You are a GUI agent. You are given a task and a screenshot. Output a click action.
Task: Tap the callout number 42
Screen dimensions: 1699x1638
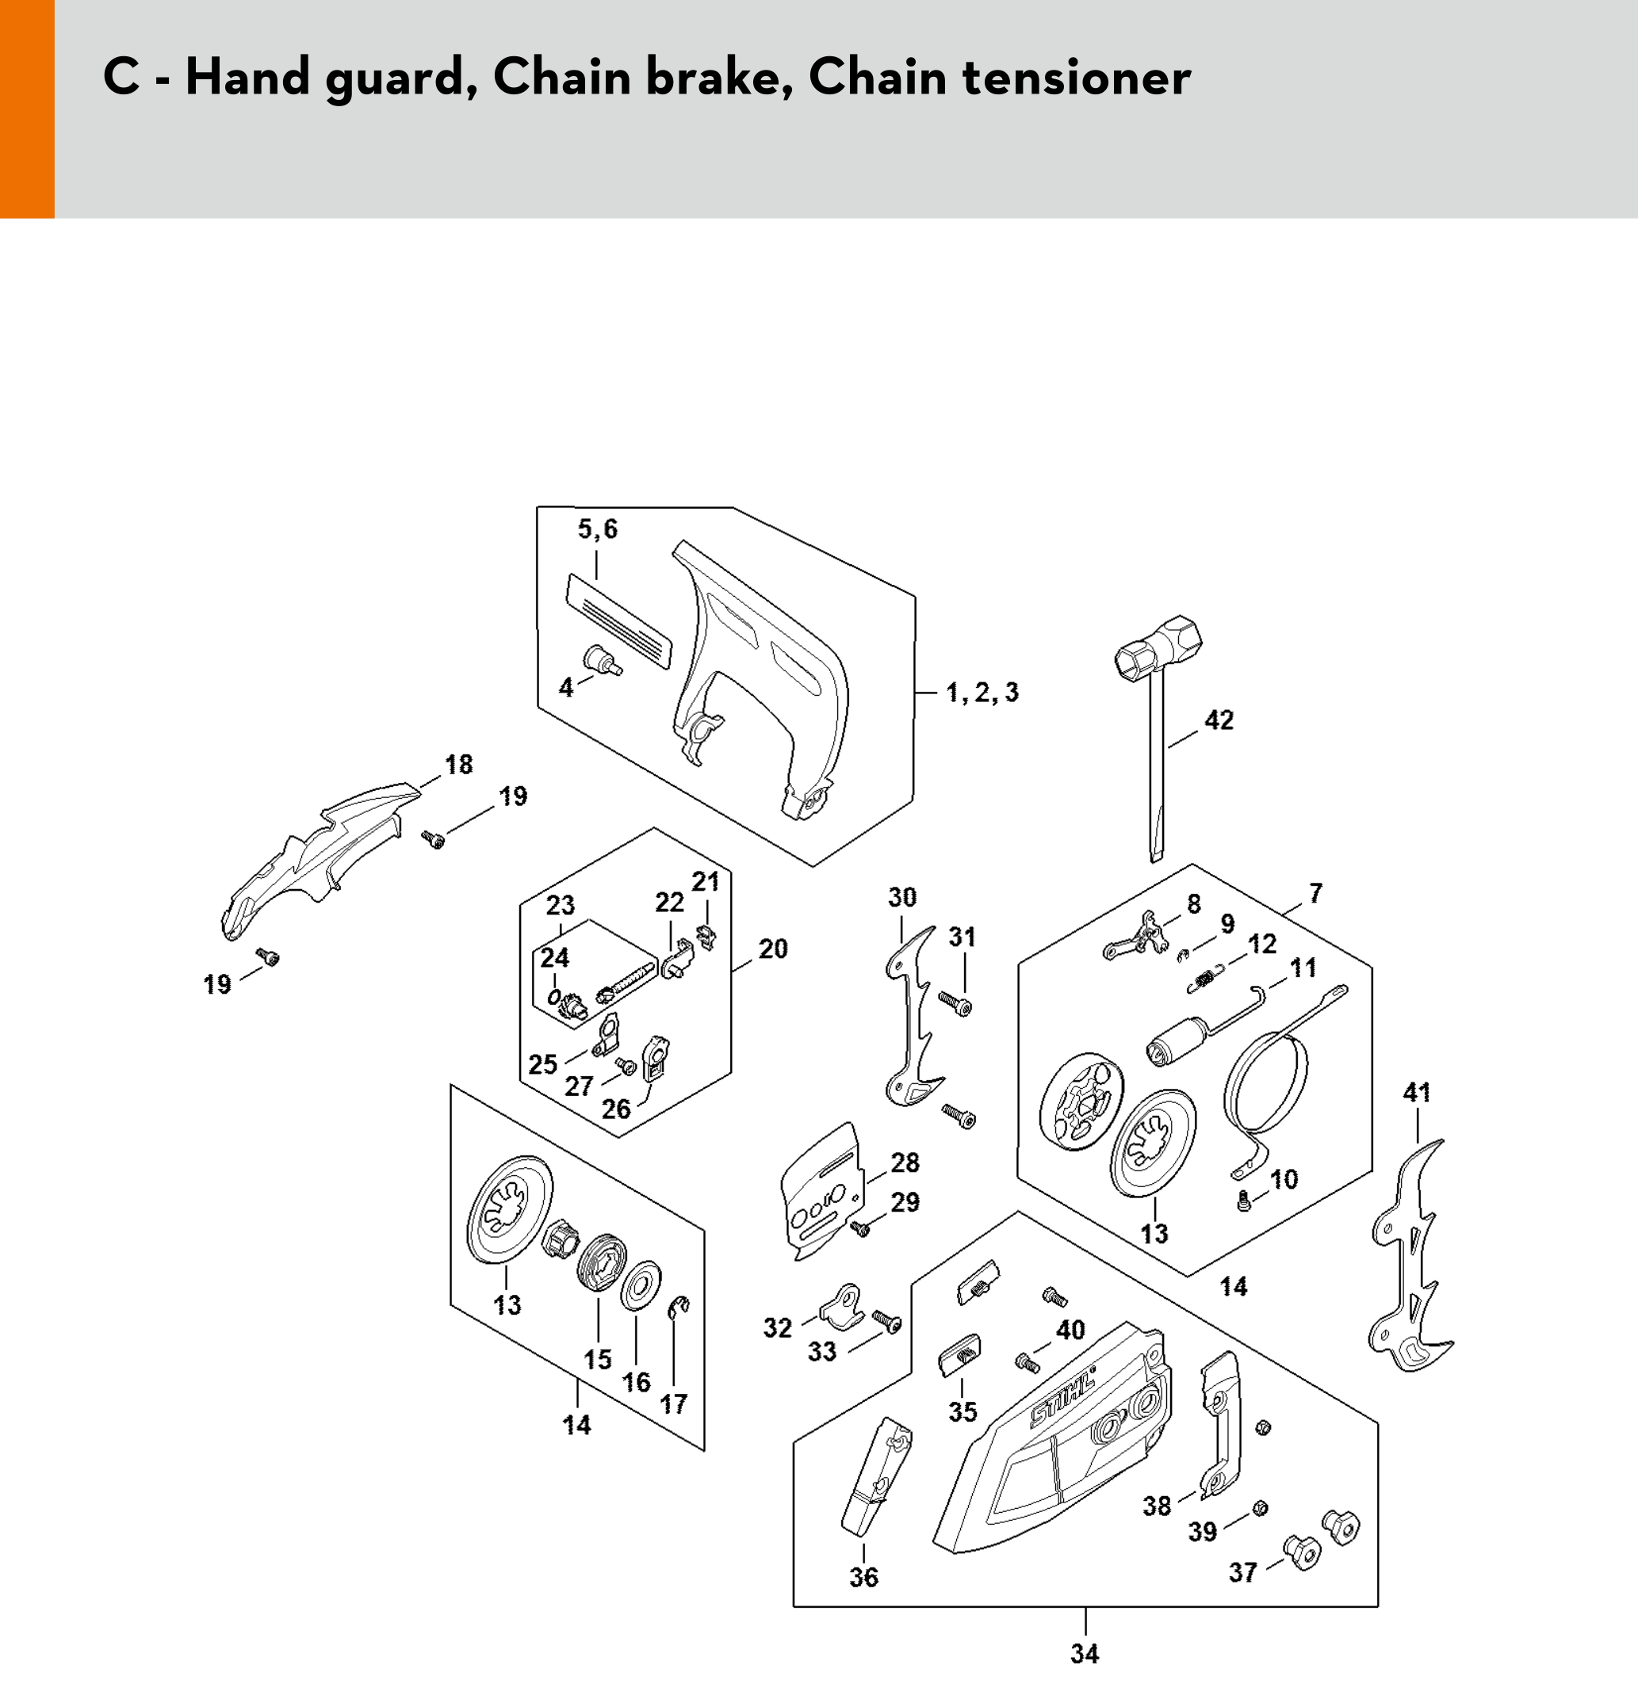[1219, 720]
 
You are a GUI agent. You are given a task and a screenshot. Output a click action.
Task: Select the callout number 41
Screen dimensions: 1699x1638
[1416, 1093]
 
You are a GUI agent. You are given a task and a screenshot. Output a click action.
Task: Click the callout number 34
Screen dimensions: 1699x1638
[1085, 1654]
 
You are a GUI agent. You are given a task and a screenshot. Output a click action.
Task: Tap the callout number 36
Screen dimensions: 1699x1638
[863, 1577]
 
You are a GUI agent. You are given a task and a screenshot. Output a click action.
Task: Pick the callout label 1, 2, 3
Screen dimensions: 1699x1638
[982, 693]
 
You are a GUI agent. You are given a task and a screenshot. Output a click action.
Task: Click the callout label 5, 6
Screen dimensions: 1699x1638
[598, 529]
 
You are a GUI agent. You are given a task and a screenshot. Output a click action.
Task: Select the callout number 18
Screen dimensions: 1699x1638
[459, 765]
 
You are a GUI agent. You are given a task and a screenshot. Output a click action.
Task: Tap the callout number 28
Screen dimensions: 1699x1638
[905, 1163]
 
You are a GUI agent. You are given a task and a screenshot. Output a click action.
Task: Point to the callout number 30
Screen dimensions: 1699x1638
[901, 897]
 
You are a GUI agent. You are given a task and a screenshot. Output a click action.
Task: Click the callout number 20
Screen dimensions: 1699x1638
[772, 949]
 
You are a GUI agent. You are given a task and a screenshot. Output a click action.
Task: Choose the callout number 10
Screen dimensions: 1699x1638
[1284, 1179]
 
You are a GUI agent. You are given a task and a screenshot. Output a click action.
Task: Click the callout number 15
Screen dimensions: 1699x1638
[598, 1359]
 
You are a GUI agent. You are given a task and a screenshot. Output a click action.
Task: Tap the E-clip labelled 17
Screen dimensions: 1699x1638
[678, 1308]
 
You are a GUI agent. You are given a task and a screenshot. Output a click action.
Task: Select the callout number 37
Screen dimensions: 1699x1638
[1242, 1572]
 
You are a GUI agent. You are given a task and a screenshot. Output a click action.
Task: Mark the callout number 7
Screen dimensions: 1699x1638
[1315, 893]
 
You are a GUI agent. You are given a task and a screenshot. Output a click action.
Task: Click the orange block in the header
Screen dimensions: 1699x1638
[27, 109]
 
